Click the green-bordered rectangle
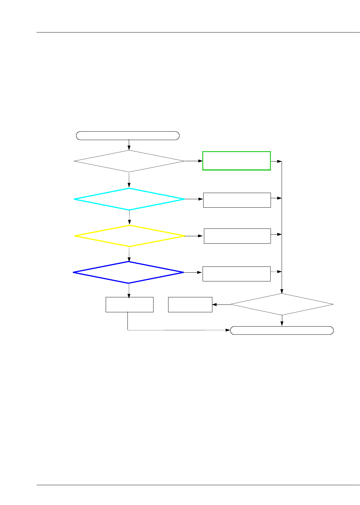pyautogui.click(x=236, y=161)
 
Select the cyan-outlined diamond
pyautogui.click(x=129, y=199)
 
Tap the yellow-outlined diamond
pyautogui.click(x=129, y=236)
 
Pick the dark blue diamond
pyautogui.click(x=128, y=272)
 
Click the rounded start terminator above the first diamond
pyautogui.click(x=128, y=136)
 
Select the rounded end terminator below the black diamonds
pyautogui.click(x=282, y=330)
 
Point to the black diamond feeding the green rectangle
pyautogui.click(x=129, y=161)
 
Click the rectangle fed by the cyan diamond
pyautogui.click(x=237, y=200)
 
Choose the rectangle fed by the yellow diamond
pyautogui.click(x=237, y=236)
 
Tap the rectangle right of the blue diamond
pyautogui.click(x=236, y=274)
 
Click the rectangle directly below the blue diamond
pyautogui.click(x=129, y=304)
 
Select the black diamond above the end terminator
pyautogui.click(x=282, y=304)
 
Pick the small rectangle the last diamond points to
pyautogui.click(x=190, y=304)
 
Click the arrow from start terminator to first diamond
pyautogui.click(x=129, y=145)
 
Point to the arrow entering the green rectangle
pyautogui.click(x=193, y=161)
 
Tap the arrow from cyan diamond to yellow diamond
pyautogui.click(x=129, y=217)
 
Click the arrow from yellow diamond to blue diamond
pyautogui.click(x=129, y=254)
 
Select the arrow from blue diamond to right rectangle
pyautogui.click(x=193, y=272)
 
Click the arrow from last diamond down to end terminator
pyautogui.click(x=282, y=320)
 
